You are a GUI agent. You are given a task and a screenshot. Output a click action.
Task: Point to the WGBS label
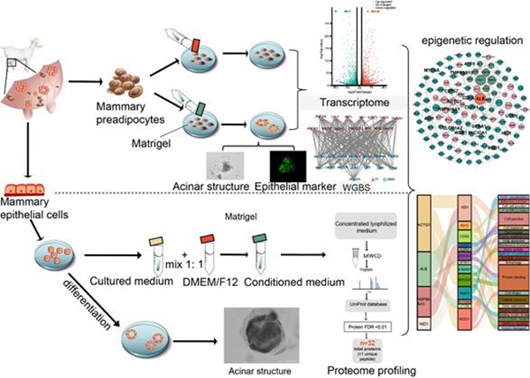click(x=358, y=186)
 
